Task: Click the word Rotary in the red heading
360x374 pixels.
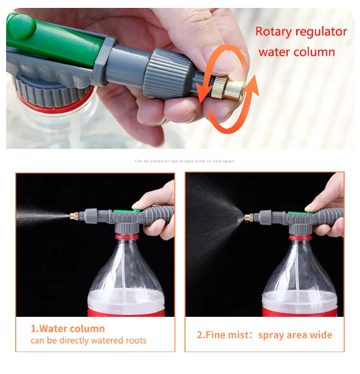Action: [x=272, y=32]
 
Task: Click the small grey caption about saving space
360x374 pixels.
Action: [x=184, y=161]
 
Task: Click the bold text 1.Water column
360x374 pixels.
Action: [x=67, y=329]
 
